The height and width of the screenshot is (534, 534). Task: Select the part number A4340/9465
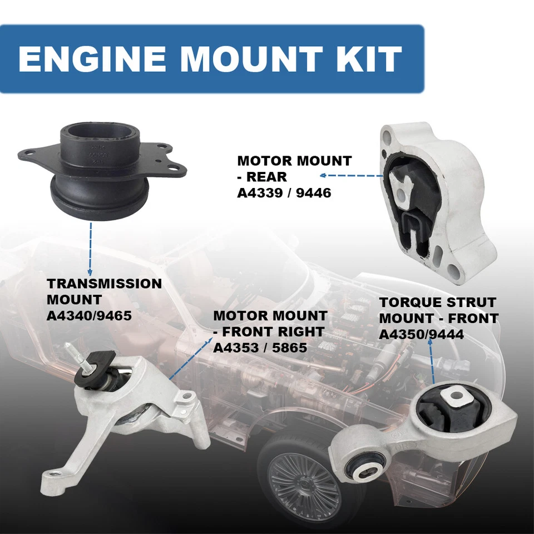[x=89, y=316]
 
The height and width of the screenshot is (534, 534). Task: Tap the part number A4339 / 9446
[x=284, y=193]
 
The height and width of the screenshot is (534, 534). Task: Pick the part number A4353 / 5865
[x=260, y=348]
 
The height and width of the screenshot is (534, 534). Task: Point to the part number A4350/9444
[x=421, y=334]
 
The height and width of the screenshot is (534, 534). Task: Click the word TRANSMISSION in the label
[x=104, y=284]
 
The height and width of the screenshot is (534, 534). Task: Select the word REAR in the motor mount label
[x=268, y=177]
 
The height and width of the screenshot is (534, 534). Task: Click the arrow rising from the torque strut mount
[x=432, y=362]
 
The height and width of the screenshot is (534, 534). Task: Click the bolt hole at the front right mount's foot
[x=54, y=477]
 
